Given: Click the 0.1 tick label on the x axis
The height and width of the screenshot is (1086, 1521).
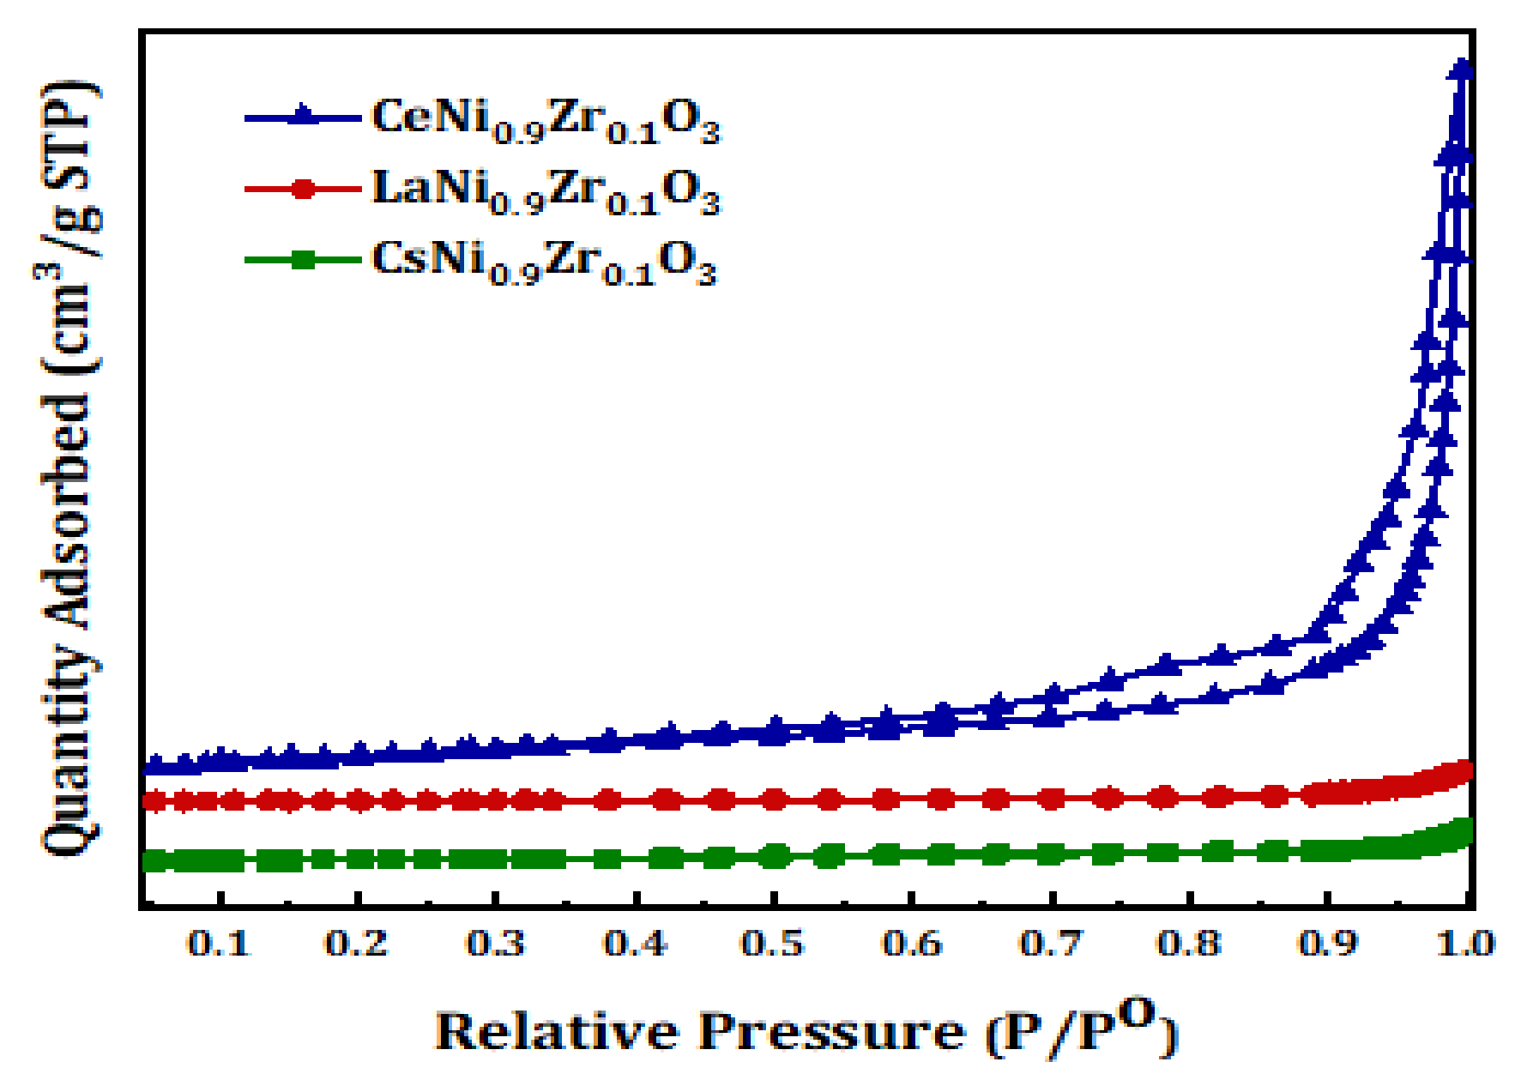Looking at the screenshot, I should (x=218, y=944).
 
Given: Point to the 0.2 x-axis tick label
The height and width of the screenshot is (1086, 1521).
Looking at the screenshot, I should (x=356, y=944).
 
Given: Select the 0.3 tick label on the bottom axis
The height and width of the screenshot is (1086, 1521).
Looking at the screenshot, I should (x=495, y=944).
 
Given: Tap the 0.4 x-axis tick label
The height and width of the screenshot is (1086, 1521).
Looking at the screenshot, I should (x=635, y=944).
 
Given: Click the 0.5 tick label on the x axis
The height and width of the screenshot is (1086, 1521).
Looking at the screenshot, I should (x=773, y=944).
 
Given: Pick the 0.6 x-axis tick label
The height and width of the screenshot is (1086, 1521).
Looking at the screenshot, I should (x=912, y=944).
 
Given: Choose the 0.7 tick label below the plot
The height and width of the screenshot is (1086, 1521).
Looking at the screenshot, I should (x=1050, y=944).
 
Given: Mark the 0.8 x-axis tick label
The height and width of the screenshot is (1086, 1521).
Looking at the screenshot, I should (x=1188, y=944).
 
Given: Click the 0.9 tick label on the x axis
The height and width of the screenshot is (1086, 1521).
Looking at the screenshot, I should (x=1327, y=944).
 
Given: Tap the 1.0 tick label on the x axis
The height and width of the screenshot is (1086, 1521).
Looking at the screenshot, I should (x=1465, y=944).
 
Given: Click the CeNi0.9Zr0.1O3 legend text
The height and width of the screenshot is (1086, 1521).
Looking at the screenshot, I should (x=546, y=119).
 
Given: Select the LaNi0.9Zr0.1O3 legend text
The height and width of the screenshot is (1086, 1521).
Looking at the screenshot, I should (x=546, y=190).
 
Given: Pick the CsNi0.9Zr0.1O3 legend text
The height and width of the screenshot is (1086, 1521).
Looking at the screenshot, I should (x=543, y=261).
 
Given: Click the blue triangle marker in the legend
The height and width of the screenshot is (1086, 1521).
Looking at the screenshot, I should (x=302, y=116).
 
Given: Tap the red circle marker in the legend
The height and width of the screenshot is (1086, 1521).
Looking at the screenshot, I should (x=302, y=189).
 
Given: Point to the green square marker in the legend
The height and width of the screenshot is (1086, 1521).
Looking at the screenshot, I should (x=302, y=259).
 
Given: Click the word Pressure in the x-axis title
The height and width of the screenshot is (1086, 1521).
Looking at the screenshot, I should (x=830, y=1032).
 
